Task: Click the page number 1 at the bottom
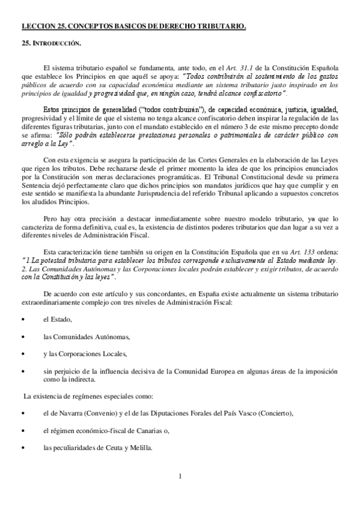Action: click(x=180, y=478)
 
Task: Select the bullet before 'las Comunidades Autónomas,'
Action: click(x=23, y=337)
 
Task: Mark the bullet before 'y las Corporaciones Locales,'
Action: click(x=23, y=354)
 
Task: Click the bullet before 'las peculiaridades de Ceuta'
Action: click(x=23, y=448)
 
